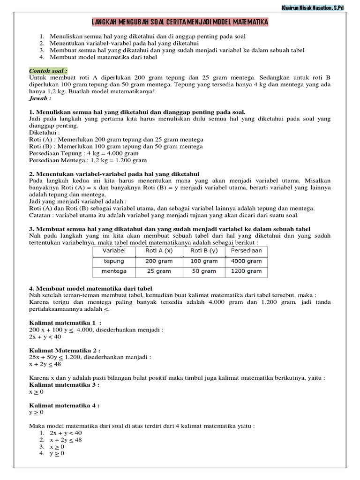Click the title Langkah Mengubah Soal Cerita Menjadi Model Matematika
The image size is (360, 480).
point(180,23)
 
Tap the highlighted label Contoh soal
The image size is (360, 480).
point(48,70)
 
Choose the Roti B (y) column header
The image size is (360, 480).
point(202,251)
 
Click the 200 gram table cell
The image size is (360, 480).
point(158,261)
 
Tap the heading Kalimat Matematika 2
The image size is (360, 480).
point(65,350)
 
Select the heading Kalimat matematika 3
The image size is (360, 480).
point(64,384)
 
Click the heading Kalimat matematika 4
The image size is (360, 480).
point(64,405)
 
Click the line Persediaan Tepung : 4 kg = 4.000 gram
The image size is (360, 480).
point(84,153)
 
